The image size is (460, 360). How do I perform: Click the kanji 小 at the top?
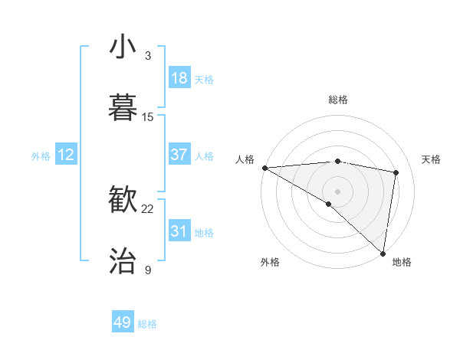click(123, 47)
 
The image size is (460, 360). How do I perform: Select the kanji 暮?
click(123, 106)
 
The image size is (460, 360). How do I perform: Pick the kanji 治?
click(123, 260)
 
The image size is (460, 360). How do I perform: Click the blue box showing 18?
click(179, 78)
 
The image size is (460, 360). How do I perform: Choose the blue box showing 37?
click(179, 154)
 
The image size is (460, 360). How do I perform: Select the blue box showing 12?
click(66, 155)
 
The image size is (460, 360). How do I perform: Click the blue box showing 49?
click(123, 322)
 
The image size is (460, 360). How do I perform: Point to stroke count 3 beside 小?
click(148, 56)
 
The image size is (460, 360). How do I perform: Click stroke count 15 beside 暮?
click(148, 116)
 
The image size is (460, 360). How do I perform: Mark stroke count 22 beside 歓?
click(148, 208)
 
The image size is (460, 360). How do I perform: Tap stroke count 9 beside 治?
click(148, 270)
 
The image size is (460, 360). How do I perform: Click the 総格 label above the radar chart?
click(337, 100)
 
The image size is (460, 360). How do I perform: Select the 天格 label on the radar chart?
click(431, 159)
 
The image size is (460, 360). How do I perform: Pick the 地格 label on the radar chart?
click(402, 262)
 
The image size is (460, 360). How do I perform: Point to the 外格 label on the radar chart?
click(270, 262)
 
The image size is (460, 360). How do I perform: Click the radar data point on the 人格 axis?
click(264, 168)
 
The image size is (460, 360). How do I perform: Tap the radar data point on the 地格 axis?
click(383, 253)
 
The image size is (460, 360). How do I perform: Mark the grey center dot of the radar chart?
click(337, 190)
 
